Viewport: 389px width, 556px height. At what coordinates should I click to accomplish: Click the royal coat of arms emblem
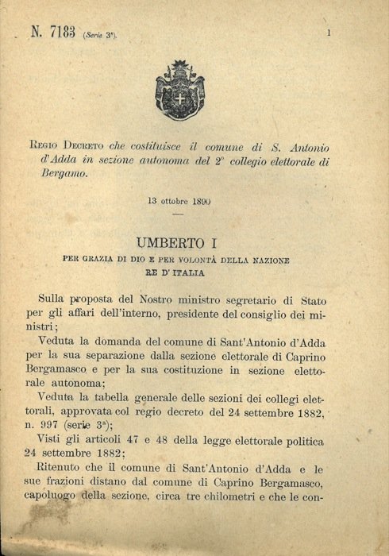179,89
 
